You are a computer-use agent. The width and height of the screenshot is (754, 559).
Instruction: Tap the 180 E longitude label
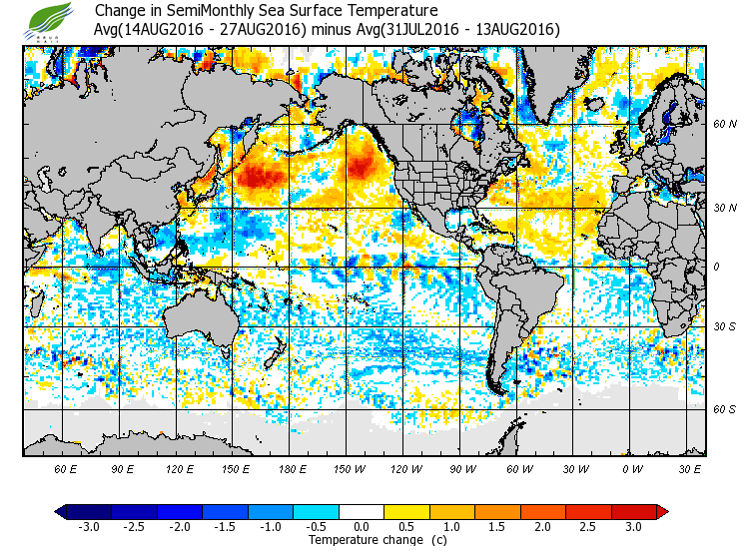[292, 468]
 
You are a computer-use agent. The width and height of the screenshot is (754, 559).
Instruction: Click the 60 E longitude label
[66, 468]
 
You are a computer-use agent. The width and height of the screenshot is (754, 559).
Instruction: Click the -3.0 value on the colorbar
[89, 526]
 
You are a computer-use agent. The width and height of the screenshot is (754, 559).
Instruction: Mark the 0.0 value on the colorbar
[362, 526]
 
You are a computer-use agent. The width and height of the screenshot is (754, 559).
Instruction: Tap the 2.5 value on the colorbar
[588, 526]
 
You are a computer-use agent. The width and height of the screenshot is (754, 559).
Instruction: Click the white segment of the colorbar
[362, 511]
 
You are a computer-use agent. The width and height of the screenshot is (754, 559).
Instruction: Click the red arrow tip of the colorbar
[662, 511]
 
